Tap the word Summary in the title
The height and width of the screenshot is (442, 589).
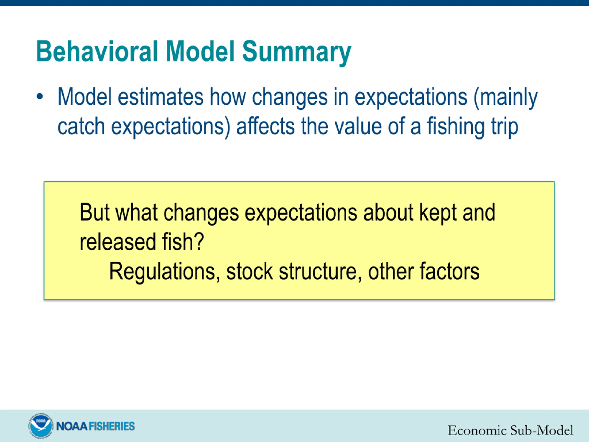click(x=297, y=53)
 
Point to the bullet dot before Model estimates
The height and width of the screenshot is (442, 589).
click(x=40, y=97)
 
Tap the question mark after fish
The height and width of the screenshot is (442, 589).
click(x=199, y=241)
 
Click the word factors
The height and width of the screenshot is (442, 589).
click(x=450, y=271)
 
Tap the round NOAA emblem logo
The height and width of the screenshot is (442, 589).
click(x=40, y=426)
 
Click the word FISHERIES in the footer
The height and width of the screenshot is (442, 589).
click(x=112, y=426)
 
